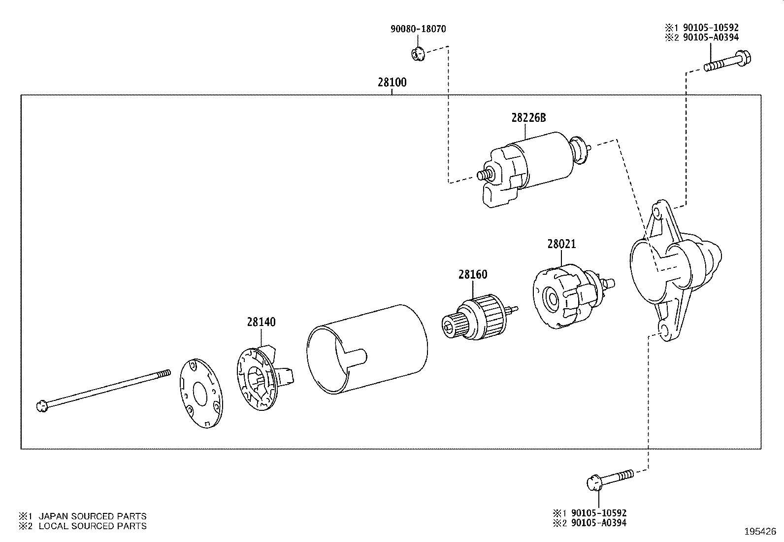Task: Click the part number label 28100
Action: [x=392, y=82]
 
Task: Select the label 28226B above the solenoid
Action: [x=528, y=118]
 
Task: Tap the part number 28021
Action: [x=561, y=244]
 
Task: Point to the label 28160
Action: [x=473, y=275]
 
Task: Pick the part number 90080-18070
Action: [x=418, y=29]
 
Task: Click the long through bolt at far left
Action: [x=103, y=389]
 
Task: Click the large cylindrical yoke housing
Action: [x=367, y=348]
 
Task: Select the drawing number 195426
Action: [x=759, y=532]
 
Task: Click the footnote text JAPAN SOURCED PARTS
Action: [x=93, y=516]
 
